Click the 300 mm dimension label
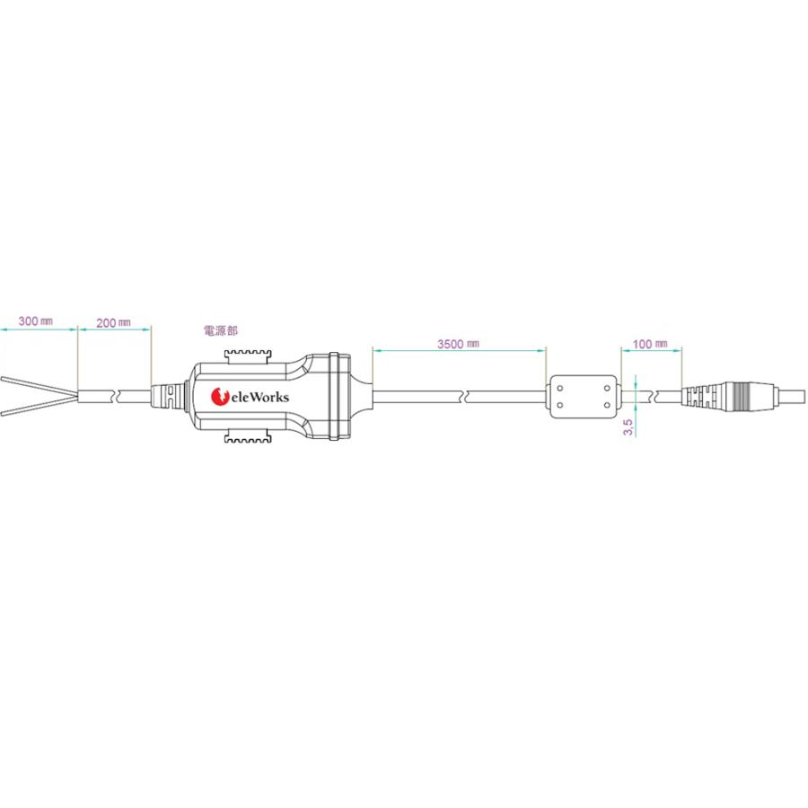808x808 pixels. coord(35,321)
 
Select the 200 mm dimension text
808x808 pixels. coord(113,322)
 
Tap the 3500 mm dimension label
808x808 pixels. coord(458,344)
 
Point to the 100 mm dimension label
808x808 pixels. coord(650,344)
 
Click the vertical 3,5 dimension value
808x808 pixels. coord(628,427)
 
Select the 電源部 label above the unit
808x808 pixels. coord(221,330)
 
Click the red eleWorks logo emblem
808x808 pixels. coord(220,396)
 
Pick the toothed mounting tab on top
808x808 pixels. coord(248,356)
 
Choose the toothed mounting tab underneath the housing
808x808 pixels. coord(248,437)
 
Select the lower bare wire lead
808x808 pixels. coord(39,407)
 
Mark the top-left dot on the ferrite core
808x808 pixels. coord(560,388)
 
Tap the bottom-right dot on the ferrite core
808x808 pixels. coord(607,405)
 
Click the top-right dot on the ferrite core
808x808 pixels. coord(607,388)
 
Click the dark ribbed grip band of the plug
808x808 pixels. coord(743,397)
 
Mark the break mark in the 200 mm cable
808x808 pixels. coord(115,397)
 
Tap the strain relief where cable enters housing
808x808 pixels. coord(164,396)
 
